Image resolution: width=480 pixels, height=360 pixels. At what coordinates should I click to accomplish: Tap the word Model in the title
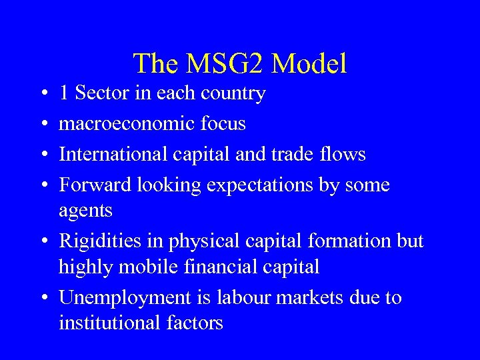(309, 64)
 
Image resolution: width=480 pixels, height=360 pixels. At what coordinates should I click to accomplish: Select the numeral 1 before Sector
(64, 93)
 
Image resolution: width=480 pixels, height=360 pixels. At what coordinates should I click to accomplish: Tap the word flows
(341, 154)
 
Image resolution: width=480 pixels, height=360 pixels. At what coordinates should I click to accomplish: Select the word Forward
(95, 185)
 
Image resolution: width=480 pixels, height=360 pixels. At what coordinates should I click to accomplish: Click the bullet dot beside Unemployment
(42, 298)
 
